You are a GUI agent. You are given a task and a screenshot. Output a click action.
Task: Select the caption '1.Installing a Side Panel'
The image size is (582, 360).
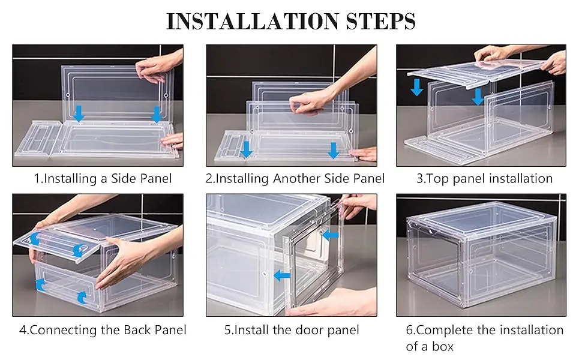tap(102, 178)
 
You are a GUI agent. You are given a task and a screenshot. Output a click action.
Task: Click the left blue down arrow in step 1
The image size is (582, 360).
tap(79, 113)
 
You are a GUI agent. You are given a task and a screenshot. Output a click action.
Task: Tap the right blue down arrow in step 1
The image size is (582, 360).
tap(157, 113)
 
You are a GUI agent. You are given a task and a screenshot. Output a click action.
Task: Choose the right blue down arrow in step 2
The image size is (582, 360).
tap(334, 150)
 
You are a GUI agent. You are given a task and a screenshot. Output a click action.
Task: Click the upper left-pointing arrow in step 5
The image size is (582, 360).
tap(329, 235)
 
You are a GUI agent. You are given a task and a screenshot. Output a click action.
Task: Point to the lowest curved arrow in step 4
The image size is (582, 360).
tap(82, 296)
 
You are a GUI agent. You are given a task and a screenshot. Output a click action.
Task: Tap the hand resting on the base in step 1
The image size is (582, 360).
tap(173, 140)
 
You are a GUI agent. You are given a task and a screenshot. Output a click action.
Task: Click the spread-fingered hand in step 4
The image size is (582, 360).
tap(123, 258)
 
